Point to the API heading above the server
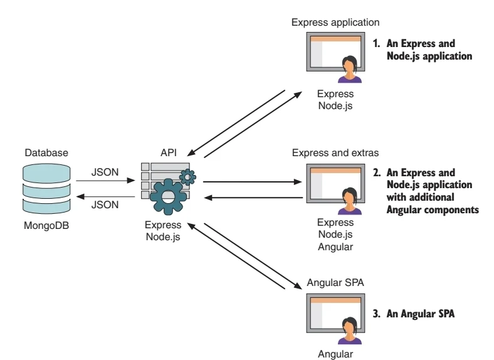click(167, 152)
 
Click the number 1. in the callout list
click(377, 45)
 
